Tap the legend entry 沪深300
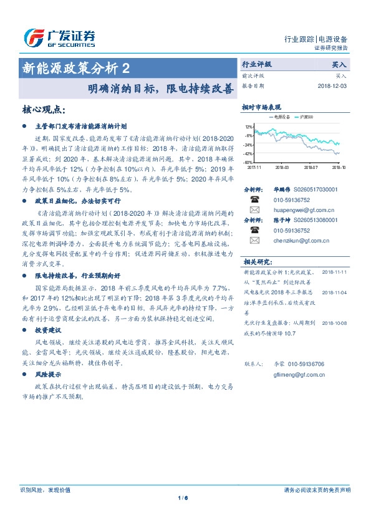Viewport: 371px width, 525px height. (x=306, y=117)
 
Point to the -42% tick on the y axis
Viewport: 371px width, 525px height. (x=248, y=153)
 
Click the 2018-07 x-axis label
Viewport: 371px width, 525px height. (x=310, y=167)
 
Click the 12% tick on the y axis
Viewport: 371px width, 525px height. (x=249, y=126)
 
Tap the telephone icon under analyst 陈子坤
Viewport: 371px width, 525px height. (x=254, y=229)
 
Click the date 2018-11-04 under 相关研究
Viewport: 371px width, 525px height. (x=335, y=292)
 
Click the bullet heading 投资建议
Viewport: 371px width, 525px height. (x=48, y=330)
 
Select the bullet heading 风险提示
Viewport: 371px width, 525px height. (x=48, y=375)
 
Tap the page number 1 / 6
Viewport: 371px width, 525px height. (x=183, y=498)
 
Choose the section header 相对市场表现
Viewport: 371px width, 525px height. (x=262, y=108)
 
